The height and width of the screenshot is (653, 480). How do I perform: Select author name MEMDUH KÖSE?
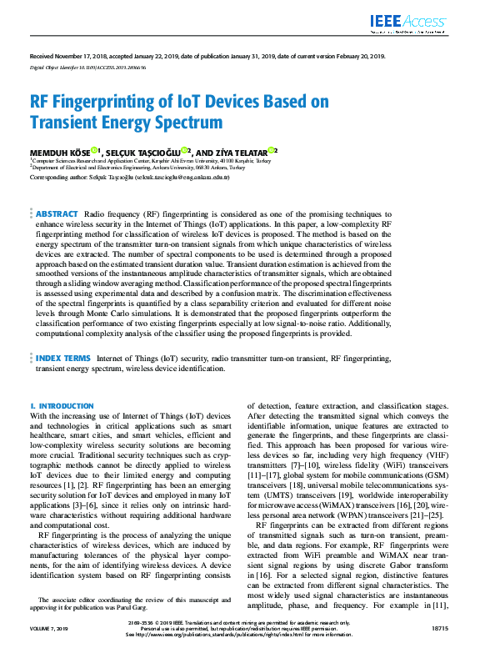pos(59,152)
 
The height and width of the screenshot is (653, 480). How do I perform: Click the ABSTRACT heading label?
pos(57,214)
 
